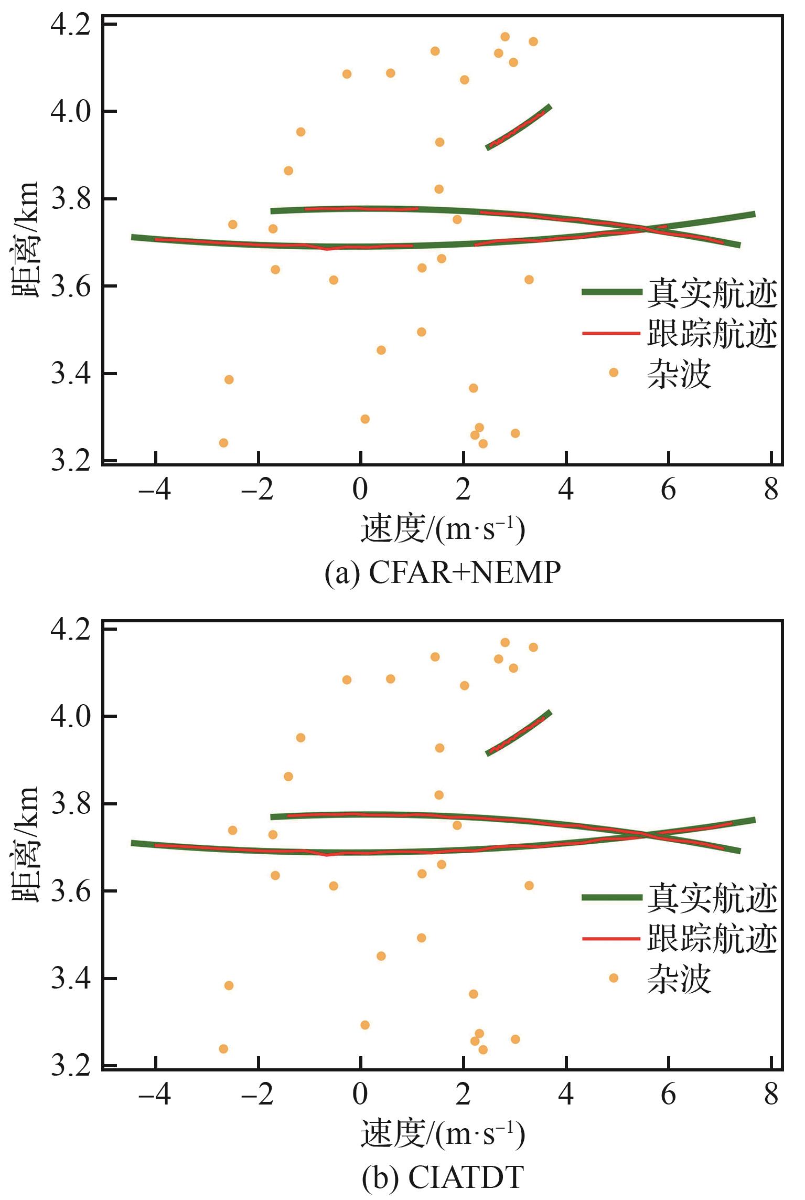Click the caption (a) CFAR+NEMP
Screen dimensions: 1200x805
click(x=443, y=573)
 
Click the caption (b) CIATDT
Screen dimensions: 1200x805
click(x=443, y=1177)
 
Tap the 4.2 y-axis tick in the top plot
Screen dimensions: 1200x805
click(x=71, y=25)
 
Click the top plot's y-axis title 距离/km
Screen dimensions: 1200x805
click(x=26, y=239)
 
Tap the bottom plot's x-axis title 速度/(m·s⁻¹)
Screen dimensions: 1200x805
click(x=443, y=1134)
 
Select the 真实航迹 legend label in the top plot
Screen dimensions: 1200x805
click(x=712, y=294)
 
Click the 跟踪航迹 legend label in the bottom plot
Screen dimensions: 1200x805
click(x=712, y=938)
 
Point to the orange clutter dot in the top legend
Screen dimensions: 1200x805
click(x=613, y=373)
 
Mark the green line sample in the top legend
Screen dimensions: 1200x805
click(x=611, y=292)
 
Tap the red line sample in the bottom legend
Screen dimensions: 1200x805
click(x=611, y=937)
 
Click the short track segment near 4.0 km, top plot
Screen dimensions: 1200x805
click(x=518, y=128)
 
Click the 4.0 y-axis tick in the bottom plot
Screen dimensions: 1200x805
click(x=71, y=716)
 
